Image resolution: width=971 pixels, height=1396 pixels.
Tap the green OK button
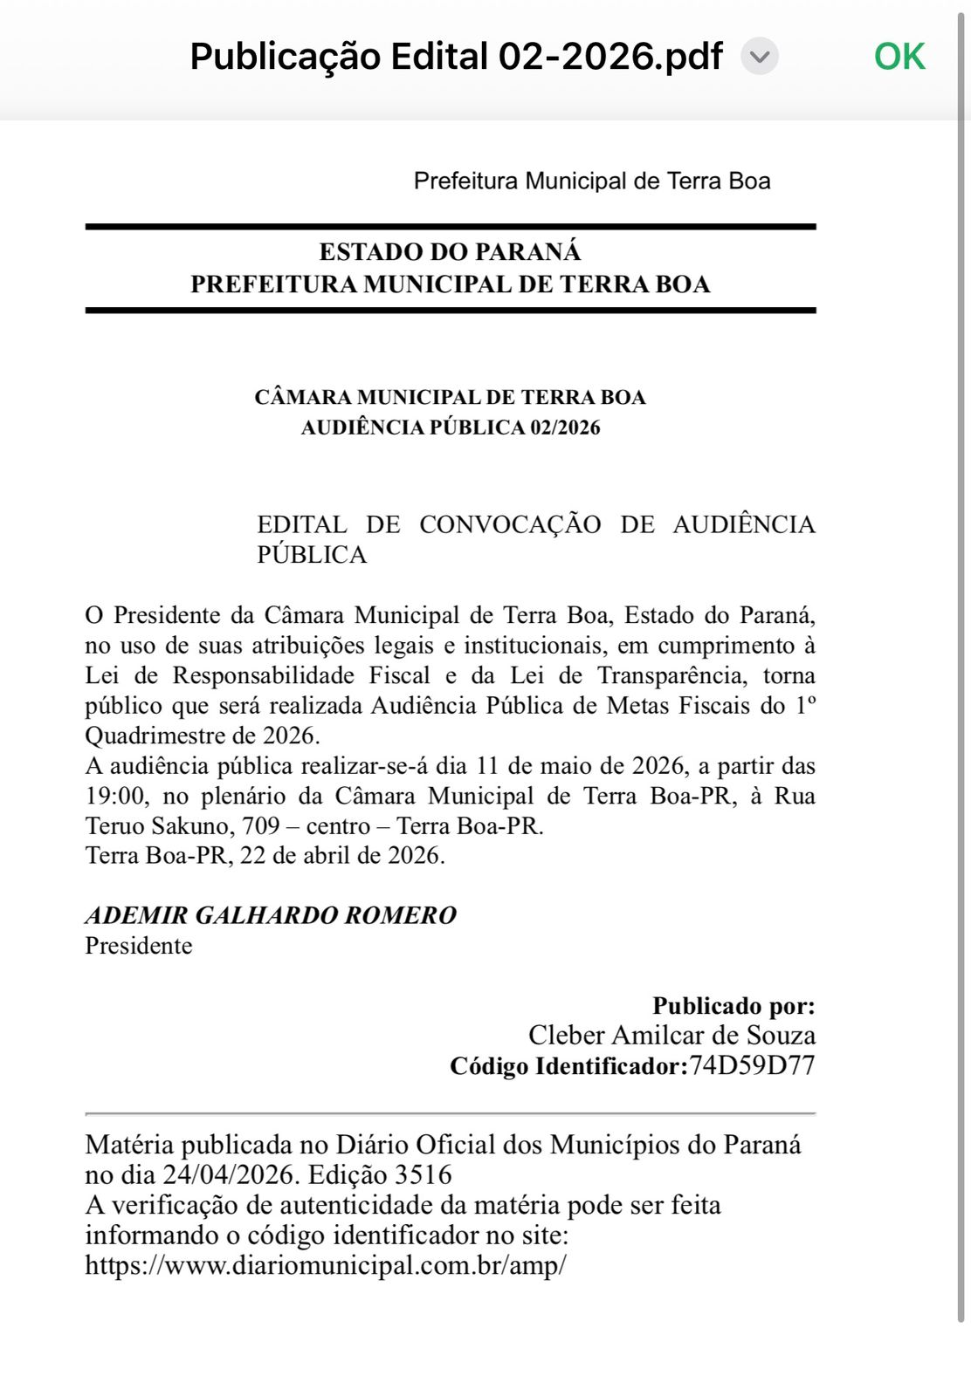click(899, 57)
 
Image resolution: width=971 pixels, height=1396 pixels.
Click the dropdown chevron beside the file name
click(760, 58)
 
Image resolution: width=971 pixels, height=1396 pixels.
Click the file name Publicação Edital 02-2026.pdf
click(456, 57)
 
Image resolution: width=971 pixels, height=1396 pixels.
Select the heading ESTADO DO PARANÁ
click(450, 252)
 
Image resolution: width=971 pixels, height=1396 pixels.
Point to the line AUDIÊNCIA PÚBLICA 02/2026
click(451, 428)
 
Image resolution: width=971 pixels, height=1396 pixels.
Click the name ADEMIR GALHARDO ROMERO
click(271, 915)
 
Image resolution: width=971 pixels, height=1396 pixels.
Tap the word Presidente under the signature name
click(138, 946)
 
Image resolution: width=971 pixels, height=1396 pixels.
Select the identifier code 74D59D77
click(752, 1065)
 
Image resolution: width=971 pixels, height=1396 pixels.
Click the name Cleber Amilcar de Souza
click(671, 1036)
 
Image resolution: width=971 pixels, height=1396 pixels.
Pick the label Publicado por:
click(733, 1006)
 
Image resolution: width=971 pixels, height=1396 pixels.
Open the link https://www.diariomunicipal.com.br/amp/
click(326, 1265)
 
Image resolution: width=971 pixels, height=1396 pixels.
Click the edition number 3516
click(424, 1174)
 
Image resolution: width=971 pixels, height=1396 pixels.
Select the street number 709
click(260, 825)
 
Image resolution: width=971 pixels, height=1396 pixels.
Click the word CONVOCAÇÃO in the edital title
click(510, 524)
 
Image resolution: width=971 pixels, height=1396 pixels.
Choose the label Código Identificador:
click(568, 1066)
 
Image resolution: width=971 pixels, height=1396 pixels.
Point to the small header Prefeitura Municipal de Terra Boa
click(592, 181)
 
